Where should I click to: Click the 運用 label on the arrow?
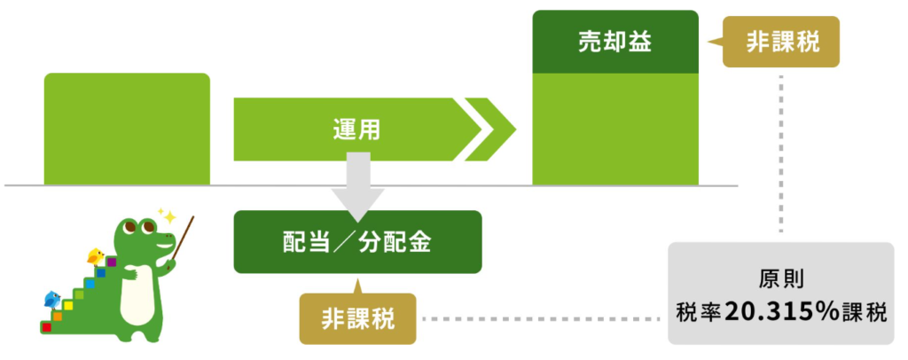[x=356, y=129]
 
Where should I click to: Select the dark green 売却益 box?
[x=615, y=42]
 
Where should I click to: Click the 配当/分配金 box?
[x=357, y=242]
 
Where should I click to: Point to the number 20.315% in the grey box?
[x=781, y=312]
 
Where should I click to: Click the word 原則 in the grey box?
[x=780, y=281]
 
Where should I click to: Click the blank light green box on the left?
[x=127, y=129]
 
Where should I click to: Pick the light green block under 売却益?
[x=615, y=129]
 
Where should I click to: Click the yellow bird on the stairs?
[x=96, y=256]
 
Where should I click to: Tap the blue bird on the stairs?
[x=52, y=299]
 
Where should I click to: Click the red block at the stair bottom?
[x=46, y=327]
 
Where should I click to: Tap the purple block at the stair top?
[x=112, y=262]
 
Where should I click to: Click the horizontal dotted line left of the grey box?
[x=543, y=318]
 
